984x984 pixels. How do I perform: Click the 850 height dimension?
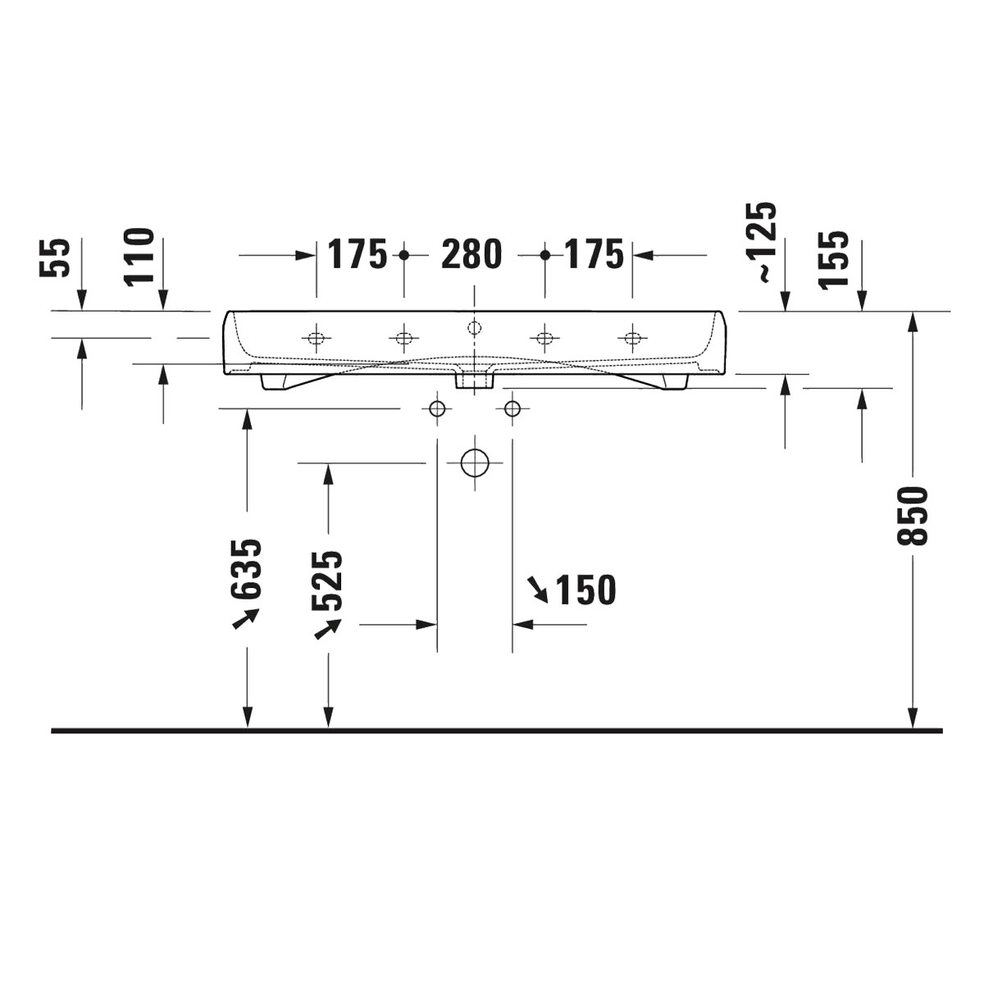click(913, 516)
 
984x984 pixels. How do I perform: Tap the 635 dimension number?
click(247, 568)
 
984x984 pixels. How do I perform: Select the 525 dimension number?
click(328, 581)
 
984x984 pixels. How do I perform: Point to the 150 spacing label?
click(585, 590)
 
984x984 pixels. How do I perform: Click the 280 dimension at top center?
click(471, 253)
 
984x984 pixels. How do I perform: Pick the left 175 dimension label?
click(357, 253)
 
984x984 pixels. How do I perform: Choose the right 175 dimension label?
click(594, 253)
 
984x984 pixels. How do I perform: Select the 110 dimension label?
click(139, 257)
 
